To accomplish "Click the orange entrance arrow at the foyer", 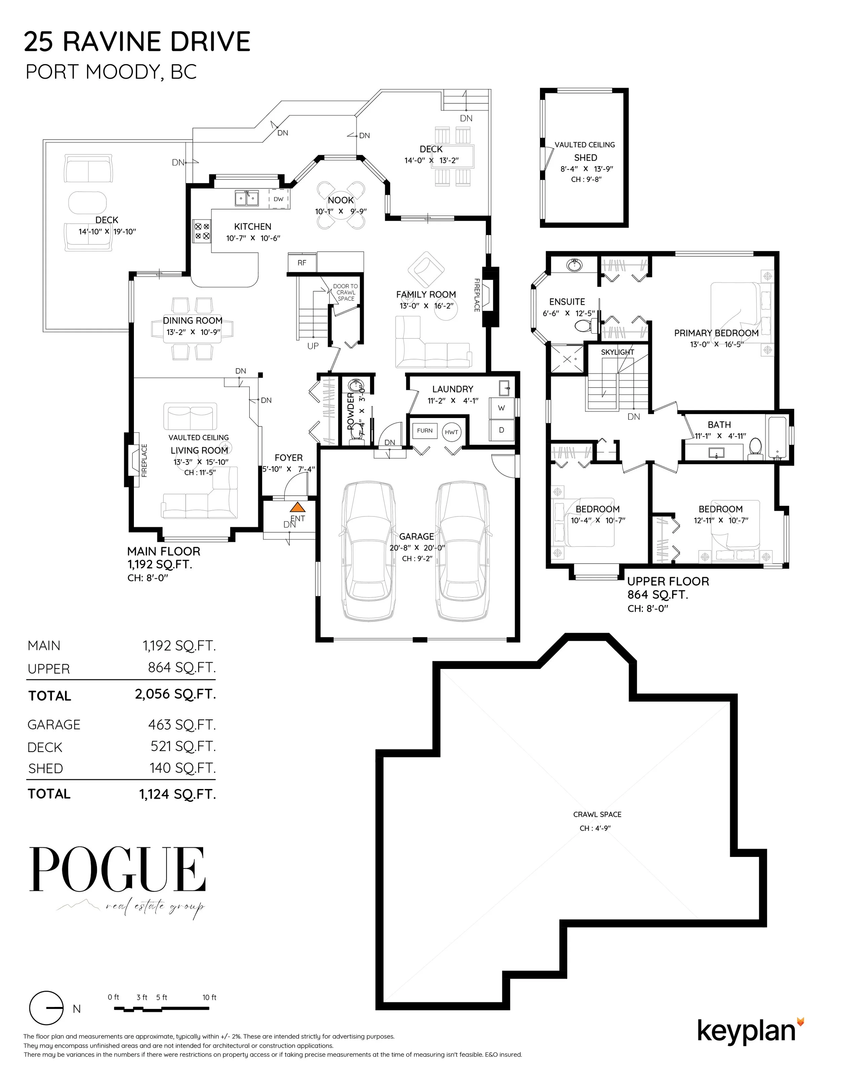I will click(x=297, y=508).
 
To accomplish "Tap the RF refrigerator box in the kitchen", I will click(x=302, y=263).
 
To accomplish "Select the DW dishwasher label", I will click(x=279, y=199).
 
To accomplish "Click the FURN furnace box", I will click(x=425, y=430).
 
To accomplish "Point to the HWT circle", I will click(x=451, y=432).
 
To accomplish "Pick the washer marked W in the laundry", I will click(x=501, y=408).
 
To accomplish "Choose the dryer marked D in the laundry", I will click(x=501, y=429).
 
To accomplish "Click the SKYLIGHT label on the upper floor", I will click(x=617, y=352).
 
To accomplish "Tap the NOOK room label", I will click(x=341, y=200).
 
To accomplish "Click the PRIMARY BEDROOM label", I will click(x=716, y=333).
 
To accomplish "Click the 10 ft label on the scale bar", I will click(x=209, y=997).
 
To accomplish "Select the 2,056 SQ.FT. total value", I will click(x=175, y=694).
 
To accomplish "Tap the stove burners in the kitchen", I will click(x=202, y=231).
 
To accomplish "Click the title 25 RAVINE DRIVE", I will click(x=137, y=41).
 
